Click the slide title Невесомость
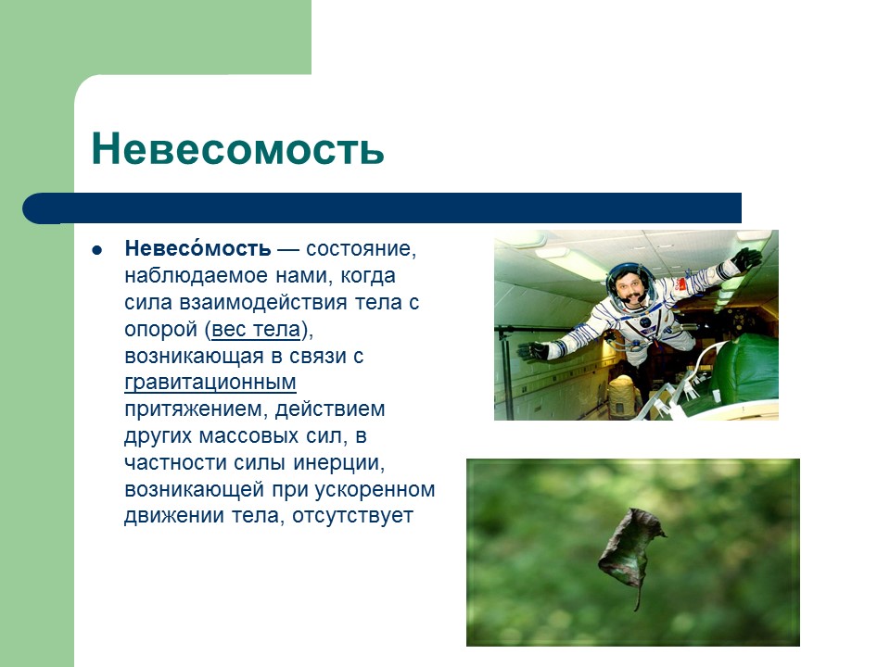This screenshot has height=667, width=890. [x=238, y=148]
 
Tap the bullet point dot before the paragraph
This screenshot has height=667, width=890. [x=97, y=249]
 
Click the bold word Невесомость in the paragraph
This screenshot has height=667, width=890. [x=198, y=248]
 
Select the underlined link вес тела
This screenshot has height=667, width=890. [x=256, y=330]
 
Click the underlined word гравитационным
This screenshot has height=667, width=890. [x=210, y=383]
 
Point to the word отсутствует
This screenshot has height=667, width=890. [x=353, y=516]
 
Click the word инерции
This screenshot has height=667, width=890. [x=339, y=463]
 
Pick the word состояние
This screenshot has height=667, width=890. [x=361, y=249]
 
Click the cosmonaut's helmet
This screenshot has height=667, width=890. [x=630, y=285]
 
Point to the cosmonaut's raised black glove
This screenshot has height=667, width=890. [x=745, y=259]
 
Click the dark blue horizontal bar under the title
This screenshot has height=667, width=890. [x=382, y=208]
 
